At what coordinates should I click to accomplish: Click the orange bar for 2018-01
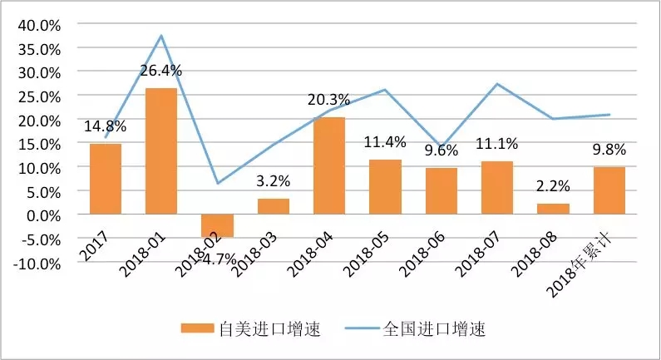coord(161,151)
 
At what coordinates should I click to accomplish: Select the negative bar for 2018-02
coord(217,225)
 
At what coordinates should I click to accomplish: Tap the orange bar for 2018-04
coord(329,165)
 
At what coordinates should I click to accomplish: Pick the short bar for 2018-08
coord(553,209)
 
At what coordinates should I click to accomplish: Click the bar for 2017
coord(106,179)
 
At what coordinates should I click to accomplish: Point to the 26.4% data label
coord(161,70)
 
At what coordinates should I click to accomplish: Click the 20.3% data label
coord(329,101)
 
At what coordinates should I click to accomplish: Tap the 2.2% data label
coord(553,187)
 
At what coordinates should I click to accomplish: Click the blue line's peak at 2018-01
coord(161,35)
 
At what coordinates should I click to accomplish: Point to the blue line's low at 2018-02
coord(217,183)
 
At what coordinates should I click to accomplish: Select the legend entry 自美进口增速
coord(251,329)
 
